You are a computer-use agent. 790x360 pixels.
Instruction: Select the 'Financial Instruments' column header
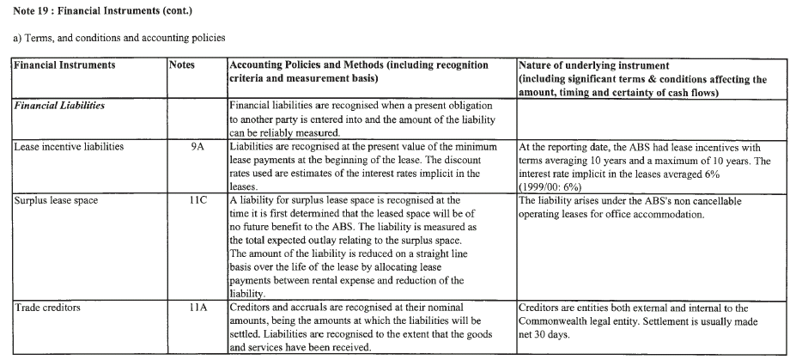pyautogui.click(x=65, y=65)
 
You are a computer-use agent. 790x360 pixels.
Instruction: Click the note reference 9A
pyautogui.click(x=197, y=147)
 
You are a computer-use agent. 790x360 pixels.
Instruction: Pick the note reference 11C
pyautogui.click(x=197, y=200)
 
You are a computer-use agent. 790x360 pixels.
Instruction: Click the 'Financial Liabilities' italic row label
pyautogui.click(x=60, y=106)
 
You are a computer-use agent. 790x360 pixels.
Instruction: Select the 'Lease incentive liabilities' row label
pyautogui.click(x=69, y=147)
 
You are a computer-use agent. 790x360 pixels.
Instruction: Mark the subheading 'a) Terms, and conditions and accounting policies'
pyautogui.click(x=118, y=39)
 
